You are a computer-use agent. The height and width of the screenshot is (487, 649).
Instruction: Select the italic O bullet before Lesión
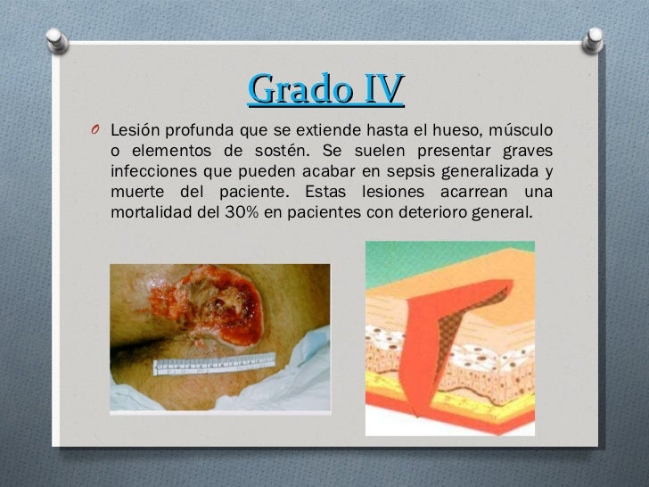pyautogui.click(x=95, y=132)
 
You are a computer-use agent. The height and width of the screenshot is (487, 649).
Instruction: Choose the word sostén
pyautogui.click(x=271, y=151)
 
